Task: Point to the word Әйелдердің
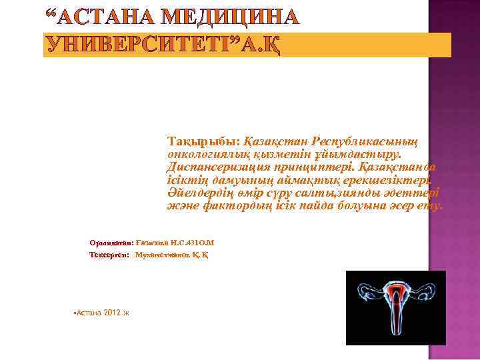click(201, 193)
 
